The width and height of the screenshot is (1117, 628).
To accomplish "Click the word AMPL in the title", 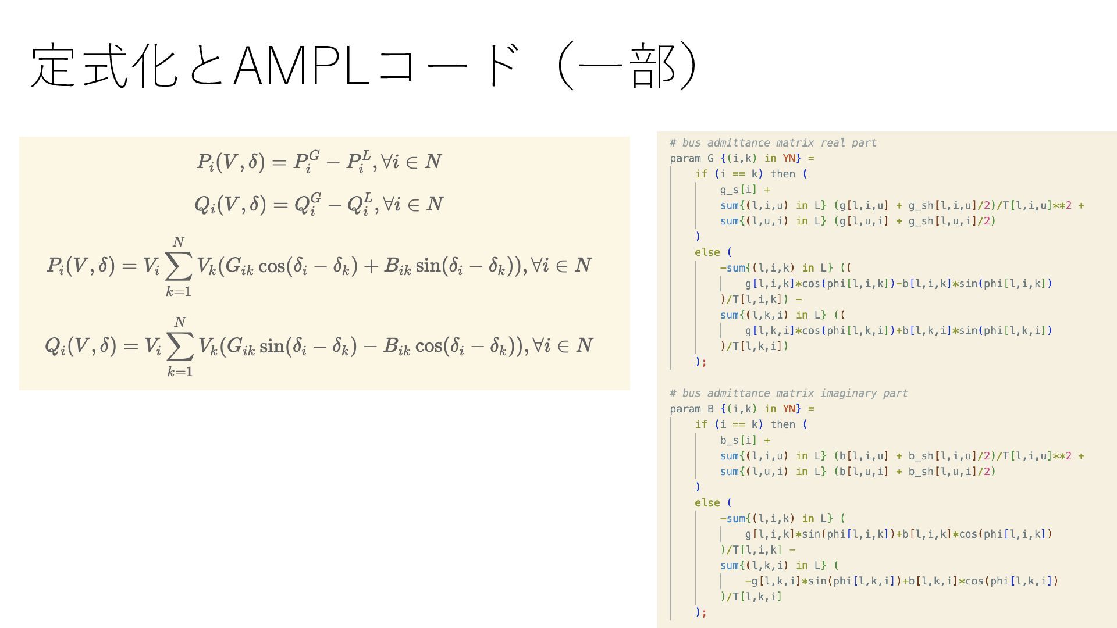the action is (301, 66).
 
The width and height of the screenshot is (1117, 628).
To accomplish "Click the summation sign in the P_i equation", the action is (179, 267).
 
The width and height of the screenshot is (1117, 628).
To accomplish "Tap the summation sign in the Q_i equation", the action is (180, 347).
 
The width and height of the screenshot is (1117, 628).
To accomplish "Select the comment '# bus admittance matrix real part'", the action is (773, 143).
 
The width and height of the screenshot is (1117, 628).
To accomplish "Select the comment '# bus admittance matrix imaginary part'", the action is (788, 394).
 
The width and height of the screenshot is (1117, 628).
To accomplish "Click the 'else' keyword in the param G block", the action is (707, 252).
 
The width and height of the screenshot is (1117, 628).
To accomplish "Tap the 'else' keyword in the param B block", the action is (707, 503).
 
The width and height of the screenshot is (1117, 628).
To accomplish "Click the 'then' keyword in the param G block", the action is (782, 174).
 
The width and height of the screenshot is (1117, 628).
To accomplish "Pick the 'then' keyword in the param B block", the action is (782, 424).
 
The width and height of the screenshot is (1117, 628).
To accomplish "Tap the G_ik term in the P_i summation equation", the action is (239, 266).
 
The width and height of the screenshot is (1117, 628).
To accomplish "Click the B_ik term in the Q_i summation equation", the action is (397, 347).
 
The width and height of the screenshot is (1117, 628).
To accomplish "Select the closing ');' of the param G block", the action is (700, 362).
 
